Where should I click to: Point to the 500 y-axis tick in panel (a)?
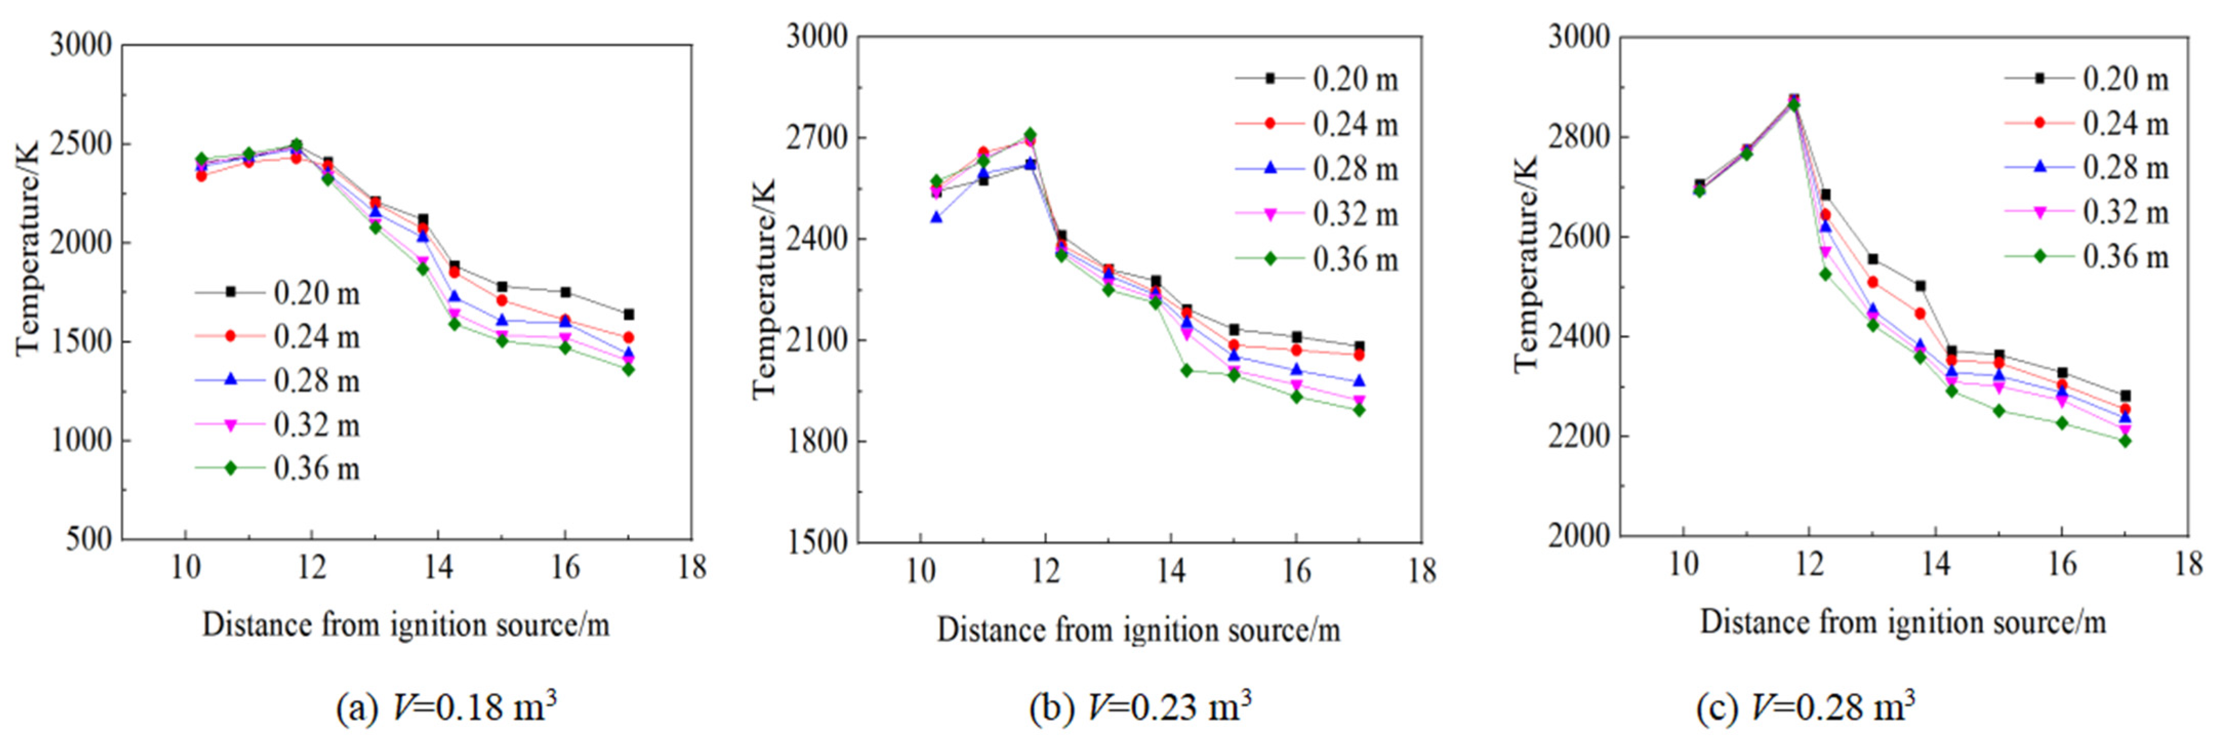(x=90, y=540)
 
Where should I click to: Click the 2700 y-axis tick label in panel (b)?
(x=817, y=137)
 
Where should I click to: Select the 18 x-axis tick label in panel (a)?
(x=692, y=567)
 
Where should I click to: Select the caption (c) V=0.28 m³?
(x=1805, y=706)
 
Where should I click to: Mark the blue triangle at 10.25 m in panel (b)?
(x=936, y=217)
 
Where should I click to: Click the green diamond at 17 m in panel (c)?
(x=2125, y=440)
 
